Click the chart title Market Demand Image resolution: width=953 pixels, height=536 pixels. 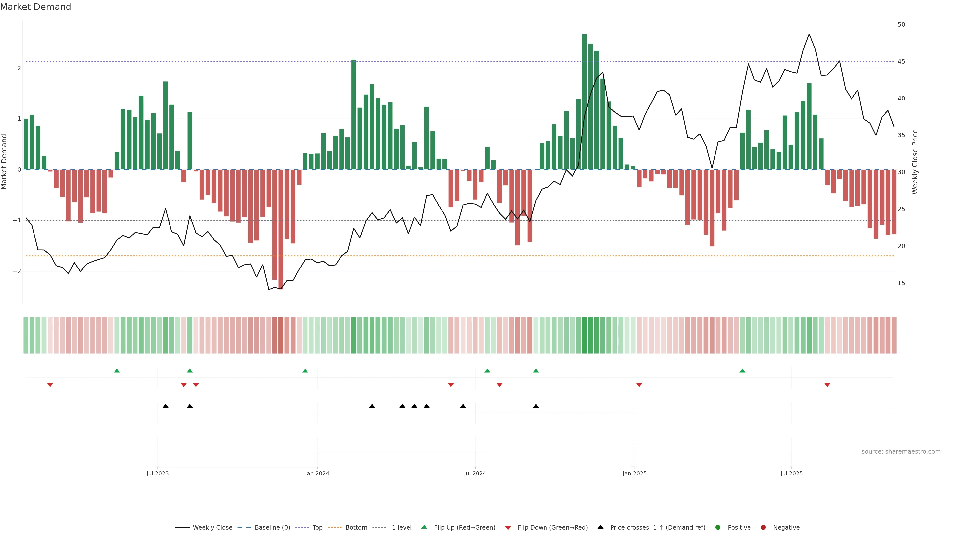point(35,7)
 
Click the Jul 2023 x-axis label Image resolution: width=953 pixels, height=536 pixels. point(157,473)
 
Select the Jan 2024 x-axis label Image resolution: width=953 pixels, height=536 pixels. point(317,473)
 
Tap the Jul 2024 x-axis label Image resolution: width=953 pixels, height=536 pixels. point(475,473)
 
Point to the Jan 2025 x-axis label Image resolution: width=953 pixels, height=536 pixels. point(635,473)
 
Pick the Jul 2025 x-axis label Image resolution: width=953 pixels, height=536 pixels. point(792,473)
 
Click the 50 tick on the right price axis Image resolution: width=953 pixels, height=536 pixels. point(901,24)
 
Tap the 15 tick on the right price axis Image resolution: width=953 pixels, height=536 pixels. point(901,283)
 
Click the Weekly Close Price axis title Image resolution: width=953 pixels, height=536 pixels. point(915,162)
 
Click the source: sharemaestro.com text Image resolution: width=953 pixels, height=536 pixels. point(901,452)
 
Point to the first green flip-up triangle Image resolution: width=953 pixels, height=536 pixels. point(117,371)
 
